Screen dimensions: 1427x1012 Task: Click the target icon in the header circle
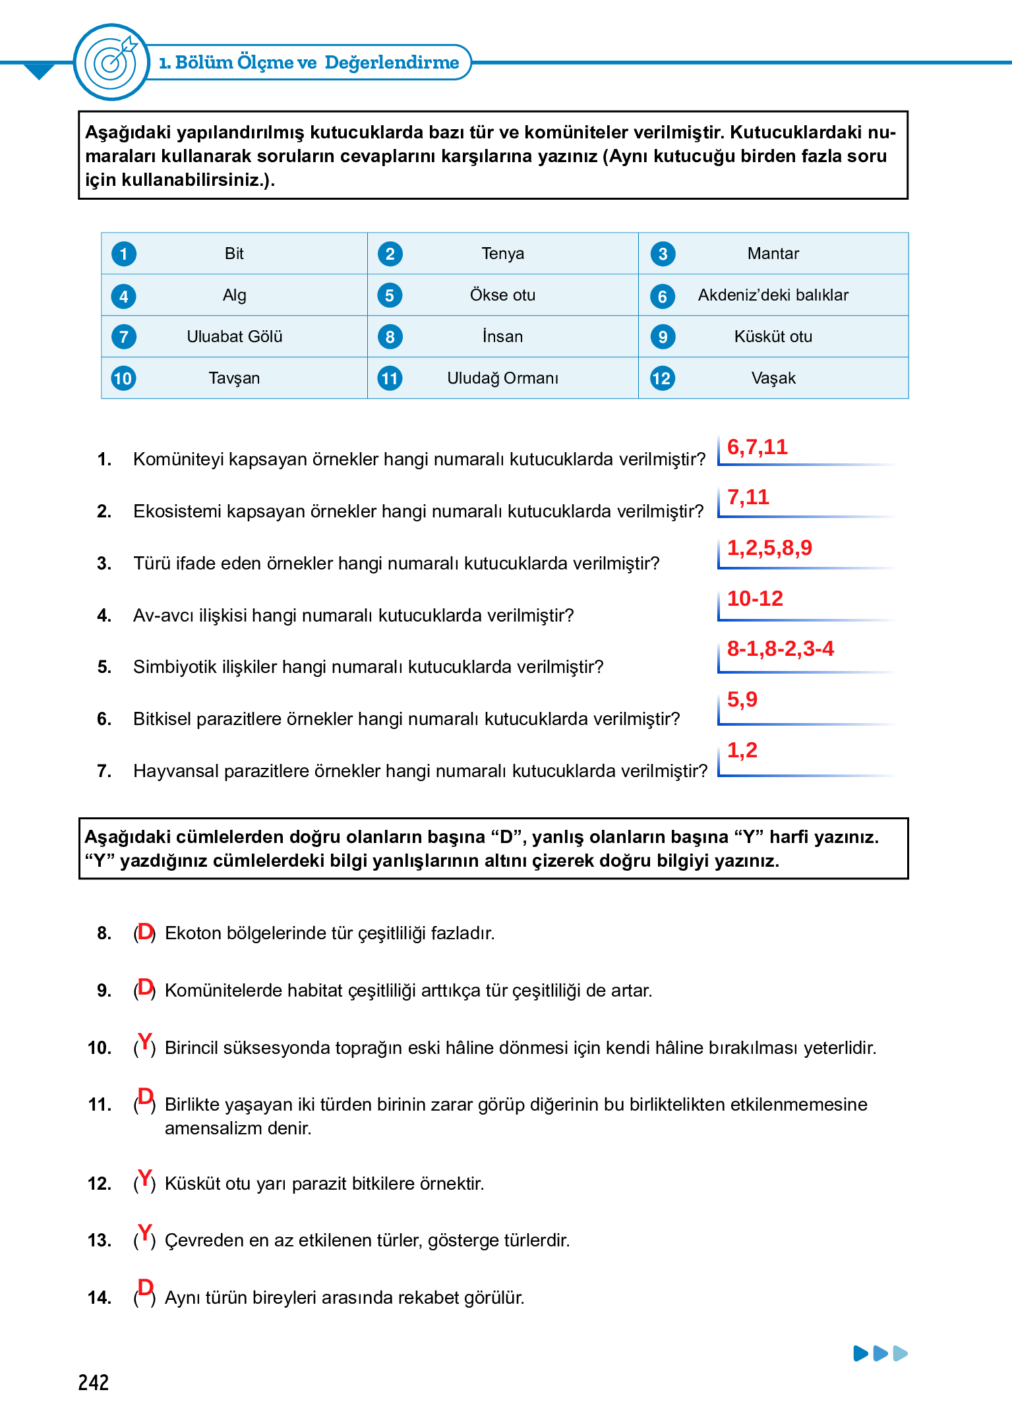tap(112, 62)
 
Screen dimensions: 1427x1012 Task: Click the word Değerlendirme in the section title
tap(392, 63)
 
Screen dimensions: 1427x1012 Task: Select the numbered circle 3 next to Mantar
tap(663, 254)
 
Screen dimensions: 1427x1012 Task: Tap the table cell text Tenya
tap(502, 254)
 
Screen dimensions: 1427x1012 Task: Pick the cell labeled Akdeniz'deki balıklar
tap(773, 295)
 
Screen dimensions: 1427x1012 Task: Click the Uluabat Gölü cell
tap(234, 337)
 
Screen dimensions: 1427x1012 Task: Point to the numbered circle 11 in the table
tap(390, 378)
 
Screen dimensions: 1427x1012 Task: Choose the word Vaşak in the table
tap(773, 378)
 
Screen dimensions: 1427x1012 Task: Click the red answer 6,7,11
tap(757, 447)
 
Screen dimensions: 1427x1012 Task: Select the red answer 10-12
tap(754, 598)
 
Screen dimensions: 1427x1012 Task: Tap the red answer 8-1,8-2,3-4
tap(780, 649)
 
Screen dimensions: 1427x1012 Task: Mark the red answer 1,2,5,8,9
tap(769, 548)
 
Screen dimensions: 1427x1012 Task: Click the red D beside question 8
tap(145, 931)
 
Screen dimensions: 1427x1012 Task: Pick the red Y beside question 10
tap(145, 1042)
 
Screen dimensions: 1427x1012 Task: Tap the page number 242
tap(93, 1382)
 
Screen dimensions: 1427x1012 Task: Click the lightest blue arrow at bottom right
tap(901, 1354)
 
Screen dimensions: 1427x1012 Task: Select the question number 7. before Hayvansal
tap(104, 771)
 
